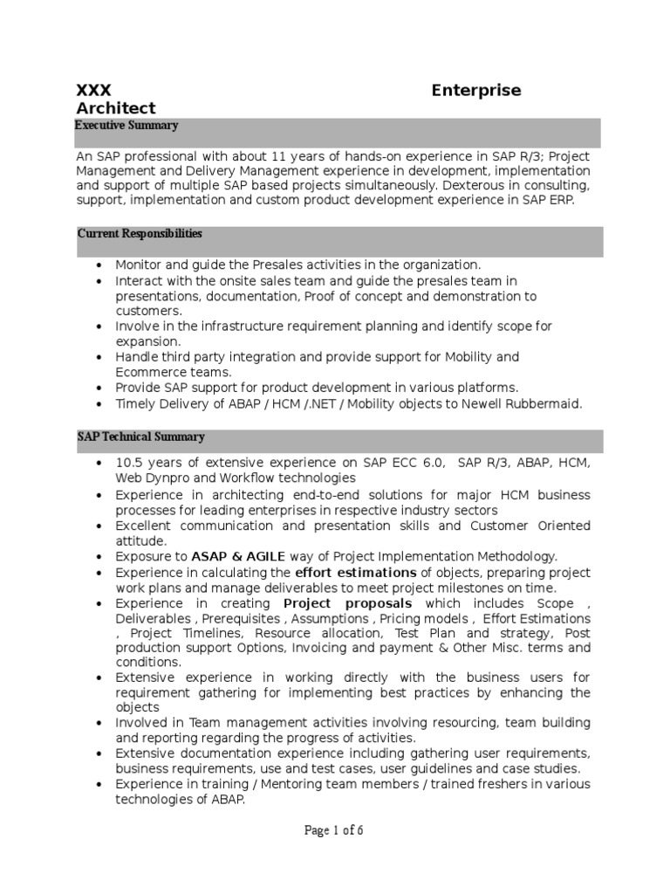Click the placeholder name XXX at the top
93,91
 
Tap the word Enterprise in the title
476,91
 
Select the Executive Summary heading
126,126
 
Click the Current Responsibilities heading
140,234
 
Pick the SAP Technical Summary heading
140,437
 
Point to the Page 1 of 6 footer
334,830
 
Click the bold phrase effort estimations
343,573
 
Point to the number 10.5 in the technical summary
129,463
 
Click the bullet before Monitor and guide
101,265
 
